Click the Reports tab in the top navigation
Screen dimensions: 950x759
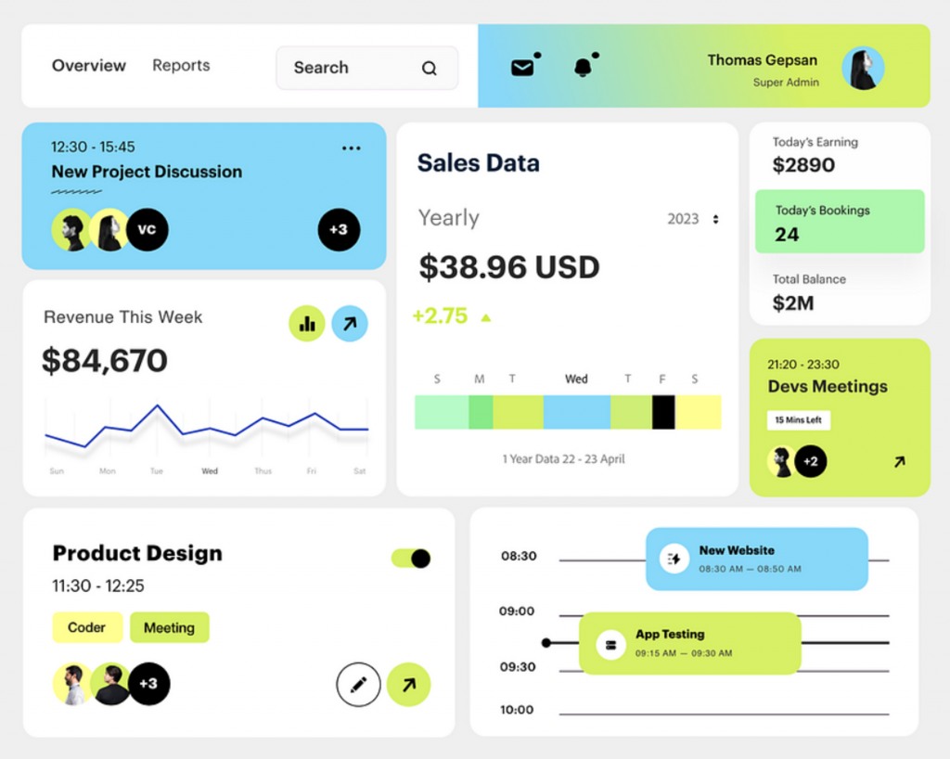tap(181, 66)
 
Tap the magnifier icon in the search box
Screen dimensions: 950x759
tap(429, 69)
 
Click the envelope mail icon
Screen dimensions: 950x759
tap(522, 68)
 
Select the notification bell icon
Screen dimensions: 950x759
tap(583, 67)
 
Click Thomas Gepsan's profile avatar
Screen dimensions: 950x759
tap(863, 68)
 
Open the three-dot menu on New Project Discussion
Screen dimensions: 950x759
tap(352, 148)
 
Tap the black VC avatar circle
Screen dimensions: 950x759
tap(148, 229)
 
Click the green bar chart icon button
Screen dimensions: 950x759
tap(307, 324)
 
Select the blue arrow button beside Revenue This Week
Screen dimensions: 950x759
tap(350, 324)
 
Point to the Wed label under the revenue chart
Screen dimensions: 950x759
tap(210, 470)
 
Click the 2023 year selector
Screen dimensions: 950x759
tap(693, 219)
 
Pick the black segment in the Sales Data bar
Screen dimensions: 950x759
tap(663, 412)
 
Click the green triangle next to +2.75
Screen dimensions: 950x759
tap(486, 317)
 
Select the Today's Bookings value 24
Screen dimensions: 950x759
tap(787, 235)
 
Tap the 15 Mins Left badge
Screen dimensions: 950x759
tap(799, 419)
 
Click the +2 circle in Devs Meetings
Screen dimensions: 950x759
tap(811, 461)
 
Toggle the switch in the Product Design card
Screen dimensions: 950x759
tap(411, 558)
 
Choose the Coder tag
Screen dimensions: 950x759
tap(87, 627)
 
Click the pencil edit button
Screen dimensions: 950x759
tap(359, 685)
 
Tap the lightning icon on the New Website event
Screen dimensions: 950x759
tap(674, 559)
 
